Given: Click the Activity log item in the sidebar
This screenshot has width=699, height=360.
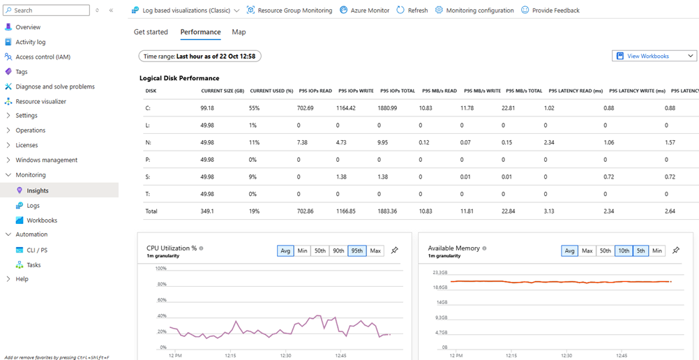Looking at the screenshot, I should pyautogui.click(x=30, y=42).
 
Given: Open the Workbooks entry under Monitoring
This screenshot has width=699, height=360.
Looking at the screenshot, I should pyautogui.click(x=42, y=220).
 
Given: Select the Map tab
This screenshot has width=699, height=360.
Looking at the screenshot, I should pyautogui.click(x=239, y=32).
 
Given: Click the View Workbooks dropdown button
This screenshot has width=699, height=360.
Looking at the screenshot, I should pyautogui.click(x=654, y=56).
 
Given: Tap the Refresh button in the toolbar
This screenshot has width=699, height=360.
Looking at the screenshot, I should pyautogui.click(x=412, y=10).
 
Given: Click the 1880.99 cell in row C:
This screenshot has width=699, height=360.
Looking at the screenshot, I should pyautogui.click(x=389, y=108).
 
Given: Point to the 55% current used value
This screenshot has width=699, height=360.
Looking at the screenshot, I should pyautogui.click(x=255, y=108).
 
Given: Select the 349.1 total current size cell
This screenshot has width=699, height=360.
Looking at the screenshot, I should pyautogui.click(x=207, y=210).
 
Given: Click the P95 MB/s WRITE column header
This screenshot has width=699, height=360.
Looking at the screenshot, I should pyautogui.click(x=481, y=91).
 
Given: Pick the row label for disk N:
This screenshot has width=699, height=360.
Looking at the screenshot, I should pyautogui.click(x=147, y=142).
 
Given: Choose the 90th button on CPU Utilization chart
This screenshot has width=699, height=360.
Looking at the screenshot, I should pyautogui.click(x=338, y=250).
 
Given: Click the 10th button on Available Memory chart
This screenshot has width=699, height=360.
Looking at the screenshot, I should pyautogui.click(x=623, y=250).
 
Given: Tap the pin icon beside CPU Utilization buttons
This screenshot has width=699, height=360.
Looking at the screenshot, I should pyautogui.click(x=394, y=250).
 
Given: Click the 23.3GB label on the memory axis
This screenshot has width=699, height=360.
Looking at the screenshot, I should pyautogui.click(x=439, y=273).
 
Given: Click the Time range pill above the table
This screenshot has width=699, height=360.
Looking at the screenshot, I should pyautogui.click(x=200, y=56).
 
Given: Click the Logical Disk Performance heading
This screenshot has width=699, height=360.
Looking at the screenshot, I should pyautogui.click(x=179, y=78).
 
